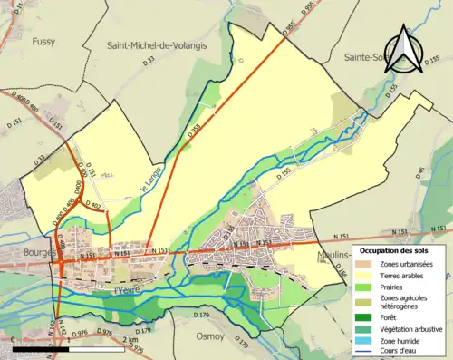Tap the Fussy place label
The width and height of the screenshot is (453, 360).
pos(43,42)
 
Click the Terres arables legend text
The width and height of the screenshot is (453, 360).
pos(405,276)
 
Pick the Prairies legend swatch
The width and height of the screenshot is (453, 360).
pos(364,287)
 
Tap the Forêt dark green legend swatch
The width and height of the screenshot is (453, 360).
pos(364,317)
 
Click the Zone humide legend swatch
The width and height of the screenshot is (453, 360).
pos(364,342)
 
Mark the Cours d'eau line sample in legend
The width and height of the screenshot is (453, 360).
pos(364,354)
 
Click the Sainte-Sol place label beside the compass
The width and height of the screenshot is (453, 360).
pos(367,56)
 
